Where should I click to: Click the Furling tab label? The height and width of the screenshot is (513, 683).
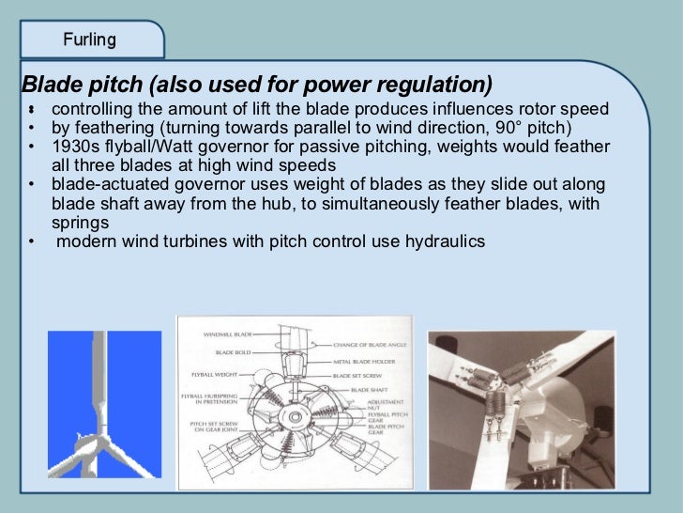[89, 39]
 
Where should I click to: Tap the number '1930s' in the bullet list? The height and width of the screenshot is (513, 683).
[74, 147]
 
